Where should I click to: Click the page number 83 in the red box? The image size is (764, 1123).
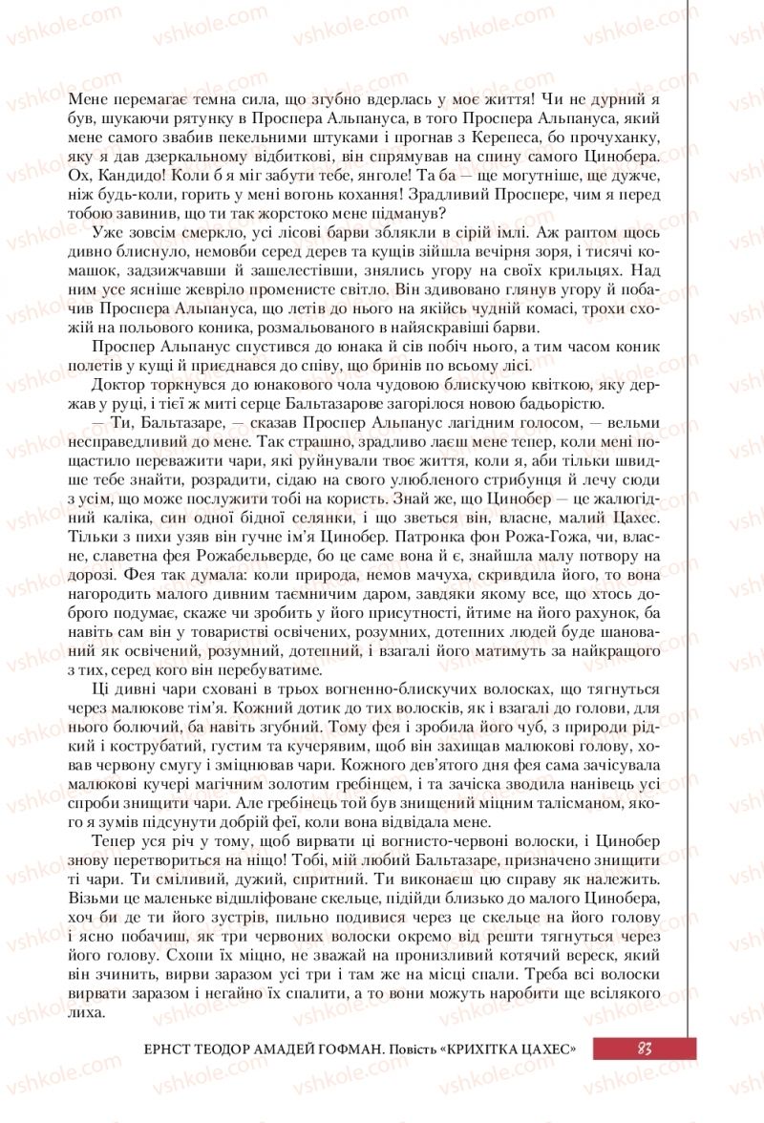point(644,1048)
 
